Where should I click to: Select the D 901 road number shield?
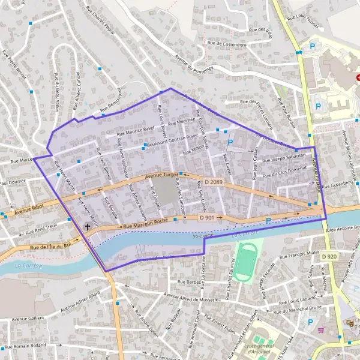[207, 218]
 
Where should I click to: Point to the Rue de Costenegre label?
[227, 43]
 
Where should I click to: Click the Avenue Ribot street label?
[32, 210]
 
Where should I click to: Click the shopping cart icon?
[320, 330]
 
